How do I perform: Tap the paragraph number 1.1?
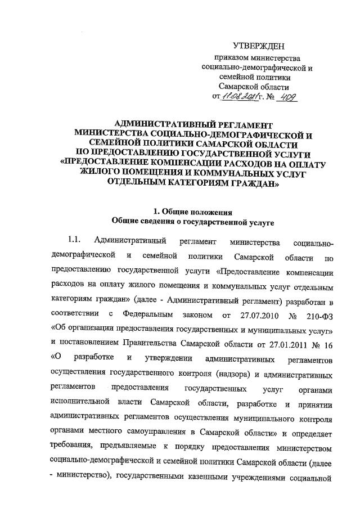(x=75, y=242)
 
